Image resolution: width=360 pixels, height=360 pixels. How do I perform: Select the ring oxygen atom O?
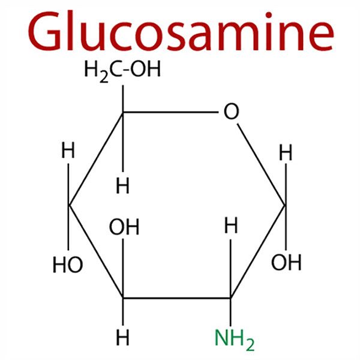[x=230, y=112]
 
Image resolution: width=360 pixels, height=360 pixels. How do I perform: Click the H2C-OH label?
[x=122, y=71]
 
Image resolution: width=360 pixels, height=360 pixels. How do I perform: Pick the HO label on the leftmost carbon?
[x=67, y=265]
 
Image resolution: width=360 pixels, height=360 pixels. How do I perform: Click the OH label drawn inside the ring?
[x=124, y=227]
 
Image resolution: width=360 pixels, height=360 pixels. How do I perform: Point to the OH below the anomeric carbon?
[x=286, y=262]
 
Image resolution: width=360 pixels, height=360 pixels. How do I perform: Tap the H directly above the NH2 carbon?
[x=231, y=227]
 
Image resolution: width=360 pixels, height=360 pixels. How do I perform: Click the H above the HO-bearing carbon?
[x=68, y=152]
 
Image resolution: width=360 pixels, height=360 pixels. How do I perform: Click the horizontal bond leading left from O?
[x=171, y=112]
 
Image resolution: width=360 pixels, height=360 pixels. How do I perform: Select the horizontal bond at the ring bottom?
[x=177, y=298]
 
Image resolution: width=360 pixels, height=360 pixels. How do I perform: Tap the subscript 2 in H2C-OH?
[x=100, y=76]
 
